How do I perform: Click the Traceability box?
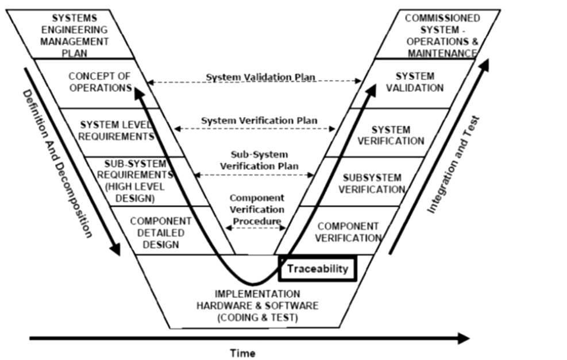[318, 268]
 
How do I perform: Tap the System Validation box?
[415, 82]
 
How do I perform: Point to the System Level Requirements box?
[118, 130]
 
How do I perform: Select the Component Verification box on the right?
[348, 231]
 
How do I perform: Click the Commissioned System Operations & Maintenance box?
[442, 35]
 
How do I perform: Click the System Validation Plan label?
[261, 78]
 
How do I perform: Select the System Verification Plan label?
[259, 121]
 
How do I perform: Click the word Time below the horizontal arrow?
[242, 353]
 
